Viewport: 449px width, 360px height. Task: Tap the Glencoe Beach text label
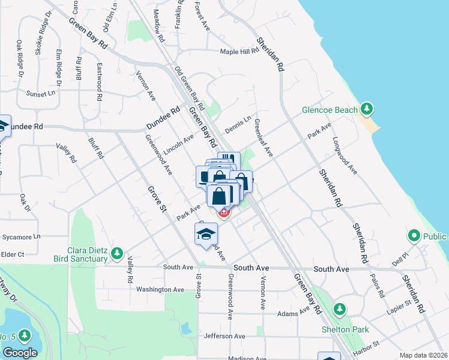(x=330, y=110)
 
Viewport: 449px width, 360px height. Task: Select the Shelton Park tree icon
(x=340, y=310)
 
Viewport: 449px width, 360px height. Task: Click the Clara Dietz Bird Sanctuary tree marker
(x=118, y=253)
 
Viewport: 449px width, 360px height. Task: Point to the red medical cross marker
(x=224, y=212)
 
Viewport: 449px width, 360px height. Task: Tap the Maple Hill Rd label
(x=239, y=52)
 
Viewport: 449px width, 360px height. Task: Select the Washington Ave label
(x=160, y=289)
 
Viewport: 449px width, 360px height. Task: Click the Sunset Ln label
(x=40, y=94)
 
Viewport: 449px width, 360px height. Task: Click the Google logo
(x=20, y=353)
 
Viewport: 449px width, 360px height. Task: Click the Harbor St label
(x=367, y=346)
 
